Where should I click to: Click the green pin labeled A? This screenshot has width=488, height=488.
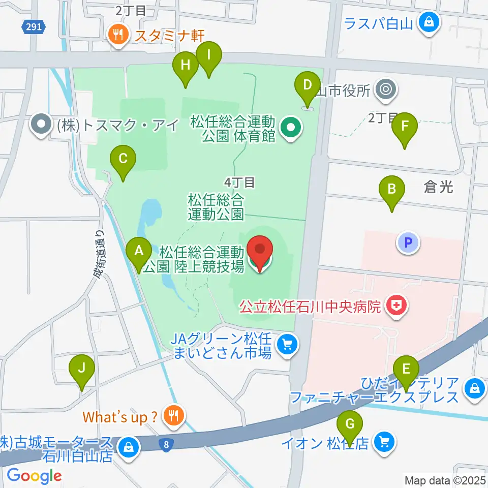click(x=138, y=251)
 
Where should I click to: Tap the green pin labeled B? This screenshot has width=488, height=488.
click(x=392, y=190)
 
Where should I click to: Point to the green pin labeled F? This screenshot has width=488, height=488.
click(x=405, y=127)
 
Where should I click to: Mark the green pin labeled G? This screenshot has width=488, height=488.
click(x=350, y=424)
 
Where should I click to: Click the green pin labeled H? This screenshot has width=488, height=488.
click(x=186, y=66)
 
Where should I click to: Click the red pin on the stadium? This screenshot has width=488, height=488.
click(x=260, y=251)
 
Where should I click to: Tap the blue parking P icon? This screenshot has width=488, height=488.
click(x=408, y=243)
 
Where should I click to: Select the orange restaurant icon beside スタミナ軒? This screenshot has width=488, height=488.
click(x=118, y=35)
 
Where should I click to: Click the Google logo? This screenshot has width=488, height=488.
click(x=34, y=476)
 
